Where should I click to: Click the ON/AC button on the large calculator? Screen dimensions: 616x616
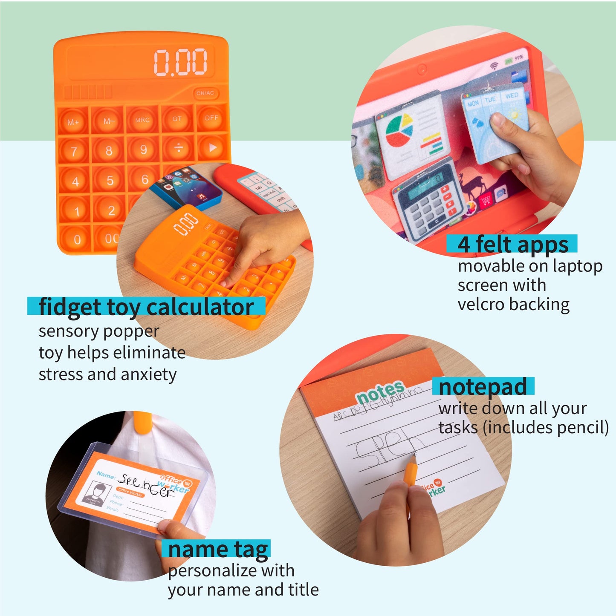(205, 93)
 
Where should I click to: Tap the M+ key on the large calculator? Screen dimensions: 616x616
(73, 122)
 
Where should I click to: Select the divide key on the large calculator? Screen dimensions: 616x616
(179, 148)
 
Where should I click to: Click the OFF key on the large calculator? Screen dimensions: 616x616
(211, 118)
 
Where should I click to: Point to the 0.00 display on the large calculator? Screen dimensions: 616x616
(181, 62)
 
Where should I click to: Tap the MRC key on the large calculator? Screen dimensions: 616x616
(142, 120)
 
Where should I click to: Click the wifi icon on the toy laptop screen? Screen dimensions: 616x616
(494, 66)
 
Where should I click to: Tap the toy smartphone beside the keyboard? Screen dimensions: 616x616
(186, 187)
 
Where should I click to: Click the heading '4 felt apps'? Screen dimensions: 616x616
(512, 245)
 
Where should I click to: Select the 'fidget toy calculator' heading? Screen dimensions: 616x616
(146, 307)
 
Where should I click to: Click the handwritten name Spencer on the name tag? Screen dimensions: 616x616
(146, 485)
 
